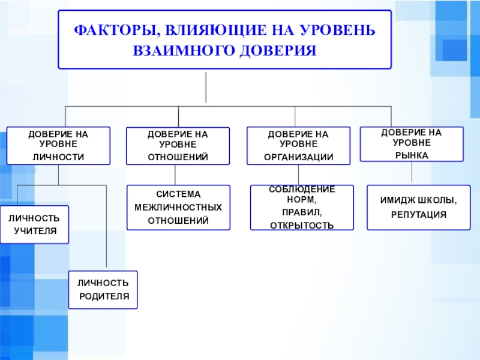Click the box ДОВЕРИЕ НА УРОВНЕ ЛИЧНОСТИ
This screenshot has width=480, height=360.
(x=58, y=146)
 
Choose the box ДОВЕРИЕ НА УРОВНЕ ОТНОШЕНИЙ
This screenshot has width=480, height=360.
(x=178, y=146)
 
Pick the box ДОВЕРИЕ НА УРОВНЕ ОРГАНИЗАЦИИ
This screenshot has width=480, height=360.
(x=298, y=146)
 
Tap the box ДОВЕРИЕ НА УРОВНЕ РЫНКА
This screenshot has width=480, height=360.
(x=411, y=144)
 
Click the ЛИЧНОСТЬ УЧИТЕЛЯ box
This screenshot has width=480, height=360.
(x=34, y=224)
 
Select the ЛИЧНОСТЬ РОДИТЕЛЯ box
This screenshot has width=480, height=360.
(x=103, y=289)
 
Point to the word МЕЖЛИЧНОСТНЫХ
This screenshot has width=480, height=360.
(x=178, y=208)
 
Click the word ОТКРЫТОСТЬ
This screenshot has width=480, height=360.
(x=302, y=226)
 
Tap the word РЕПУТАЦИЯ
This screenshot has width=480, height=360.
(x=419, y=214)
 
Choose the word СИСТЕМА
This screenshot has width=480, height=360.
(x=178, y=194)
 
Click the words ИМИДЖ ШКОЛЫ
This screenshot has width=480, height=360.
(x=419, y=200)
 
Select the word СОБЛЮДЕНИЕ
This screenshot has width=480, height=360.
(x=302, y=190)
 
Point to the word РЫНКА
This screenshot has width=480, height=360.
(x=411, y=155)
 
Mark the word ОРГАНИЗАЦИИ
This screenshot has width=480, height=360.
(x=298, y=157)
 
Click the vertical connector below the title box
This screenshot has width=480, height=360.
(x=206, y=87)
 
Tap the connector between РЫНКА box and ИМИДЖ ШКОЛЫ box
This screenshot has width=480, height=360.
(x=411, y=173)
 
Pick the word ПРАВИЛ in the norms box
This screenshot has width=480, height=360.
(x=302, y=212)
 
